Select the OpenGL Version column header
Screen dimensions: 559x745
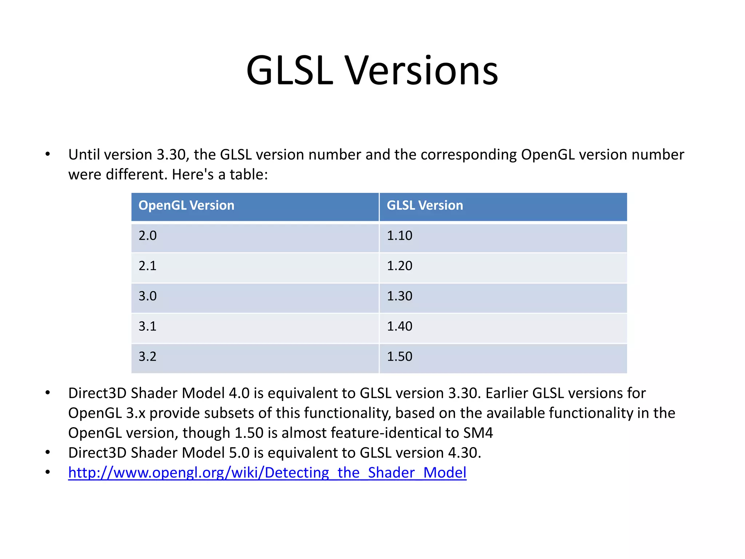point(186,206)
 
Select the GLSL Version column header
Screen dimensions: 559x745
point(425,206)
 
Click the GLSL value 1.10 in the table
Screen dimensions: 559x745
point(399,236)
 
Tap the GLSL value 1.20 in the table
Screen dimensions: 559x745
point(399,266)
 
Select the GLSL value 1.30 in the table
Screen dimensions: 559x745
point(399,296)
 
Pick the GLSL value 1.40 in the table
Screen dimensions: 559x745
point(399,326)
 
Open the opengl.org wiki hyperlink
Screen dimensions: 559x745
point(267,473)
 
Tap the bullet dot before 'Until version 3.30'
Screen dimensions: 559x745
point(48,155)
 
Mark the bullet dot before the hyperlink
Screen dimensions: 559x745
point(48,473)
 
